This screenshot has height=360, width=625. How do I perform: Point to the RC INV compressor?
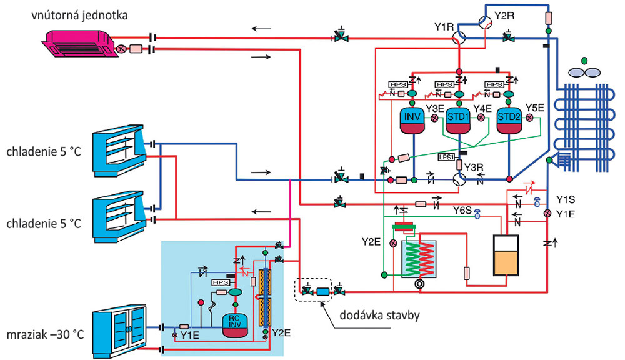coord(236,327)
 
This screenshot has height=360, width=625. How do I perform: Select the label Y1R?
coord(443,27)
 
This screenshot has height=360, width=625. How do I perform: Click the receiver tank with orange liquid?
coord(507,256)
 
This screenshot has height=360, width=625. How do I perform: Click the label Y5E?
coord(535,107)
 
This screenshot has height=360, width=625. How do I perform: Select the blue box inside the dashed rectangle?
coord(322,291)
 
